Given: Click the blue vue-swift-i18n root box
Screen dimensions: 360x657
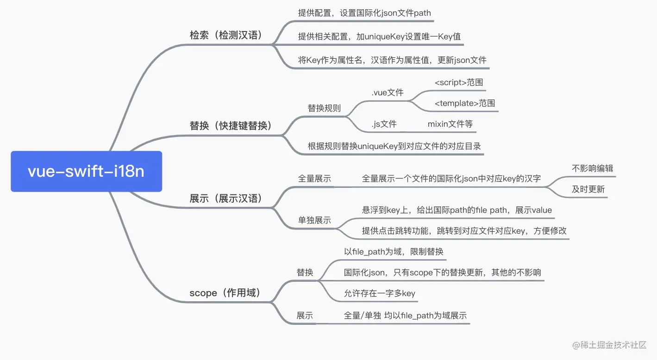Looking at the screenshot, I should [x=86, y=171].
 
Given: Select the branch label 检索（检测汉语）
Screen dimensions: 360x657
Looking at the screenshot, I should [x=226, y=35].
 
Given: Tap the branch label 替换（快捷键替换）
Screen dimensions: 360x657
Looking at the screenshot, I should [x=230, y=125].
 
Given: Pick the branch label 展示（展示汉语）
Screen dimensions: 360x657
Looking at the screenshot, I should [x=226, y=199].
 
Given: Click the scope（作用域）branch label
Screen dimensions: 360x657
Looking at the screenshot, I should [x=225, y=292].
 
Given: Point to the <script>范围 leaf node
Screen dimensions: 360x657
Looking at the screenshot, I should [x=459, y=82].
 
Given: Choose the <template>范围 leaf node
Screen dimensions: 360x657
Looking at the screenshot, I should [x=465, y=103].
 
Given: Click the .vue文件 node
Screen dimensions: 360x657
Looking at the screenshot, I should [x=387, y=93].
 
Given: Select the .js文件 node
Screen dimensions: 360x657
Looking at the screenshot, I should [x=384, y=124].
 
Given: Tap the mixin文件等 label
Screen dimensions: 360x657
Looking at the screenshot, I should [x=450, y=124].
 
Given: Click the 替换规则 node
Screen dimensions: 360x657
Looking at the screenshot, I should [x=324, y=108].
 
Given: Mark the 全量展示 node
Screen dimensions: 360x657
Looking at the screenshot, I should [x=314, y=179].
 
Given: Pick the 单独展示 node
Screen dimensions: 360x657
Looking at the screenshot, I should [x=314, y=220].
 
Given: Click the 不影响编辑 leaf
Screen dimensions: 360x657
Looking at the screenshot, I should [x=592, y=168].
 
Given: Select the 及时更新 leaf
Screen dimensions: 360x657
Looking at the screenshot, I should [x=588, y=189].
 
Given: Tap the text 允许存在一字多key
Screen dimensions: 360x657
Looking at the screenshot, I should [x=379, y=293].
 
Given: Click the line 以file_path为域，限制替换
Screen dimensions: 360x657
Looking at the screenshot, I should [x=394, y=252].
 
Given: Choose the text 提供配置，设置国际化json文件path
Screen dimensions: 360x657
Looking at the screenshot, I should [x=364, y=12].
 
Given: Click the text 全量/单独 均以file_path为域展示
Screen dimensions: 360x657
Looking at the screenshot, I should [x=405, y=316].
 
